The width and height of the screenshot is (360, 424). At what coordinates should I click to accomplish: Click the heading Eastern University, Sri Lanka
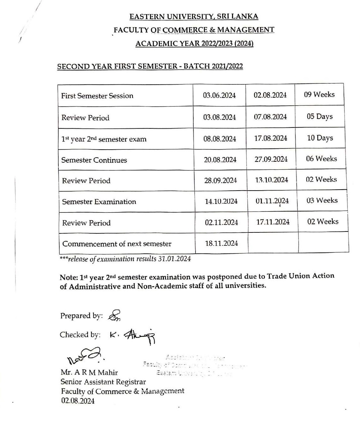[194, 16]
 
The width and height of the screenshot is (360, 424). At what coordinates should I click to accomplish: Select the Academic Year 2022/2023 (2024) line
[194, 43]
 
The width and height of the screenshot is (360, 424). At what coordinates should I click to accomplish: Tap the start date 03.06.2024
[219, 95]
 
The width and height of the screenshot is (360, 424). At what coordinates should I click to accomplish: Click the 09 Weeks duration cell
[319, 95]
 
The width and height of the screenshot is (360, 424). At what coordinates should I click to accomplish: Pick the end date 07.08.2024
[270, 117]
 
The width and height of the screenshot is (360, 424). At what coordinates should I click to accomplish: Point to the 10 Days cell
[320, 138]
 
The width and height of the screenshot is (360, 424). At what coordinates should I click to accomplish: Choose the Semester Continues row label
[94, 160]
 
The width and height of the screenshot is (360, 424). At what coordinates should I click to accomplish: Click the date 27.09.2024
[271, 159]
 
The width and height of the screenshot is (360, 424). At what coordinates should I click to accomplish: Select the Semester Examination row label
[99, 202]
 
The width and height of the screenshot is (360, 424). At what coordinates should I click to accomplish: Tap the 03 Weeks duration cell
[322, 200]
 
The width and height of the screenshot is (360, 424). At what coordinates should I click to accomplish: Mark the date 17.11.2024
[273, 222]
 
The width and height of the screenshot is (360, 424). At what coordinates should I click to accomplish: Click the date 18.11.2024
[221, 243]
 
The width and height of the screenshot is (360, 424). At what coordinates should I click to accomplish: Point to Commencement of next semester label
[117, 244]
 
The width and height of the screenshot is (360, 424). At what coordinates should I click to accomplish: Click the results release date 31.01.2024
[174, 259]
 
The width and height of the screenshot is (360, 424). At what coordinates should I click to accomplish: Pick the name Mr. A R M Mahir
[89, 372]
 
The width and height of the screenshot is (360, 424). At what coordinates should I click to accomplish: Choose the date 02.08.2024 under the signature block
[78, 401]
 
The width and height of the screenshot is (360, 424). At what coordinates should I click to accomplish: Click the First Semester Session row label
[97, 96]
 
